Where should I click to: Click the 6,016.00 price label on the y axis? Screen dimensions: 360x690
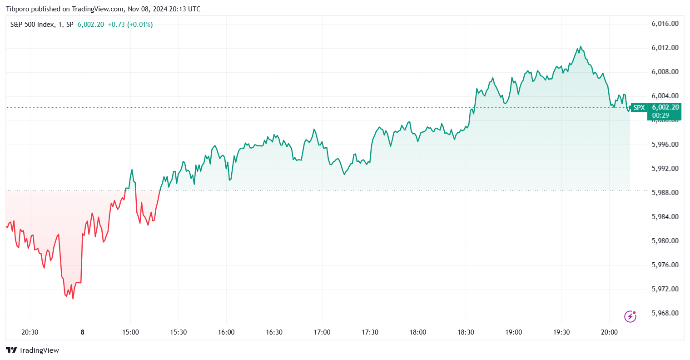[665, 24]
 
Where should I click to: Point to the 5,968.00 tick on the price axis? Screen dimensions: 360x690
[665, 313]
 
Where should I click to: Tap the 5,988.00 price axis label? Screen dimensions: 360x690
[665, 193]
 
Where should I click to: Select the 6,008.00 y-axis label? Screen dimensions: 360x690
[665, 72]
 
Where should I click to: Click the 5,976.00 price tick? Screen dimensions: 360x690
[665, 265]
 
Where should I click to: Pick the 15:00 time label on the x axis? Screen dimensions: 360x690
[130, 332]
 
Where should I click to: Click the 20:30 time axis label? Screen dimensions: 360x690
[30, 332]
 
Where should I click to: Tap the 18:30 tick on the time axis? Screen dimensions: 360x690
[466, 332]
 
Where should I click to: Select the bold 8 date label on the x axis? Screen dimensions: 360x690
[82, 332]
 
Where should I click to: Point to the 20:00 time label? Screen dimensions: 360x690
[609, 332]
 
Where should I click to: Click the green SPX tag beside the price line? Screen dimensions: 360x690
[639, 108]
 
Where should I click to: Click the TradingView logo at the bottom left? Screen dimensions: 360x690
[33, 350]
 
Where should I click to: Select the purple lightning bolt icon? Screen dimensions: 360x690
[630, 316]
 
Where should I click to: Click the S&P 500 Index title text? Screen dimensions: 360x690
[32, 25]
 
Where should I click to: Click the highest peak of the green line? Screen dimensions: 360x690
[580, 46]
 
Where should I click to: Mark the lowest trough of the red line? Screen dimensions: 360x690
[73, 299]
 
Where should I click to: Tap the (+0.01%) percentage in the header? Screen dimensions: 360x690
[140, 25]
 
